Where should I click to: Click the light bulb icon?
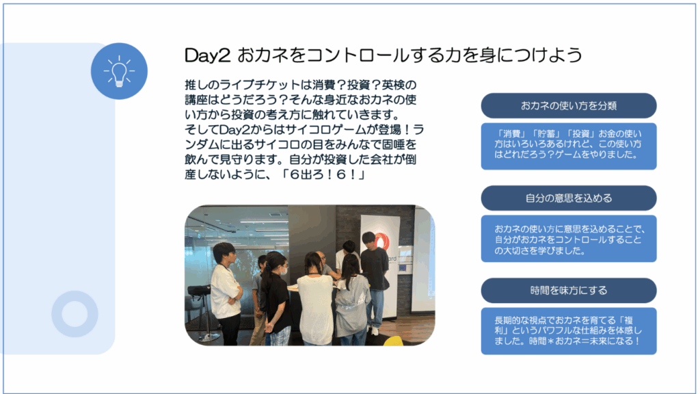coord(119,71)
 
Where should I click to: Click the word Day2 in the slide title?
coord(208,55)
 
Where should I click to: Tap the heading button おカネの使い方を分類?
coord(569,106)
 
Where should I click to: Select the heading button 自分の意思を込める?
coord(569,198)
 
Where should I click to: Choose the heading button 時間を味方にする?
coord(569,290)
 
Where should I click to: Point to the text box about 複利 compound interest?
coord(569,331)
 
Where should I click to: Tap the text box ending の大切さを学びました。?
coord(569,239)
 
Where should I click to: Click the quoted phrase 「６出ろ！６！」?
coord(323,174)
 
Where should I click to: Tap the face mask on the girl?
coord(283,270)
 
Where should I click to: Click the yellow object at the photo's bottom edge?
coord(393,341)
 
